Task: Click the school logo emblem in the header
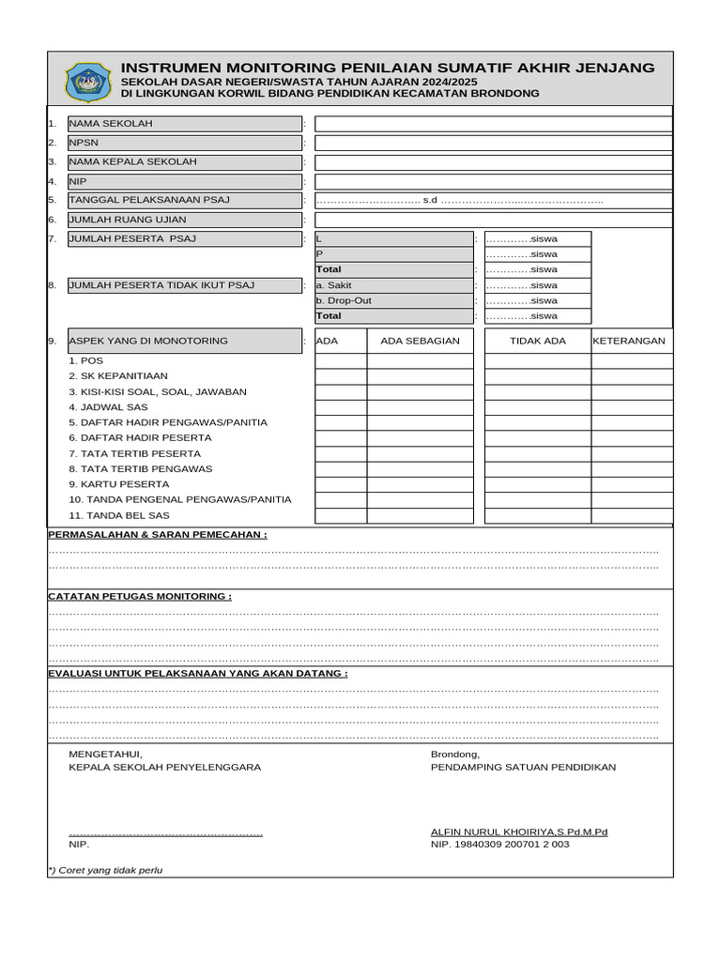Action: pos(87,82)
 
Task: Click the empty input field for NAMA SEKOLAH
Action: pos(493,124)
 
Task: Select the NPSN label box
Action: pos(184,143)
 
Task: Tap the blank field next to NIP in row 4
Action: pos(493,182)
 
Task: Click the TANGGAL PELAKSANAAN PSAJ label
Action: pos(184,200)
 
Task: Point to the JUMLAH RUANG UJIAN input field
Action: pos(493,220)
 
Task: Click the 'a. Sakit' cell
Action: pos(393,285)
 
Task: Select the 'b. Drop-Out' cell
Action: pos(393,301)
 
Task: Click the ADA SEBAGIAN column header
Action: pos(420,341)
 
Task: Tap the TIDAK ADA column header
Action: pos(537,341)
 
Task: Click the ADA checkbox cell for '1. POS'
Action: pos(340,361)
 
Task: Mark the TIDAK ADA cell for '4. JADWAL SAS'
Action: pos(537,407)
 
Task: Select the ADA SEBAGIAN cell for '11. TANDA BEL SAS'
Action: pos(420,515)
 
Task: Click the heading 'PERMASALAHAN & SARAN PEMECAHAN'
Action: pos(157,535)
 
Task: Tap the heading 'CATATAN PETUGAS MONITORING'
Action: pos(140,596)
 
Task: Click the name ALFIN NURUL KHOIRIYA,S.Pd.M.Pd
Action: pos(518,831)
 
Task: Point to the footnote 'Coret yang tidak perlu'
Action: pos(105,870)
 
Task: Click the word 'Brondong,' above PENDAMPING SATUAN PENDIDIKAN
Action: pos(455,755)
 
